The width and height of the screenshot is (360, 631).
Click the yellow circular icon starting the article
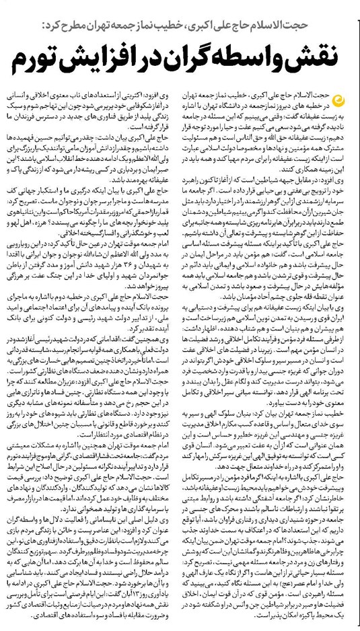(x=342, y=99)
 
